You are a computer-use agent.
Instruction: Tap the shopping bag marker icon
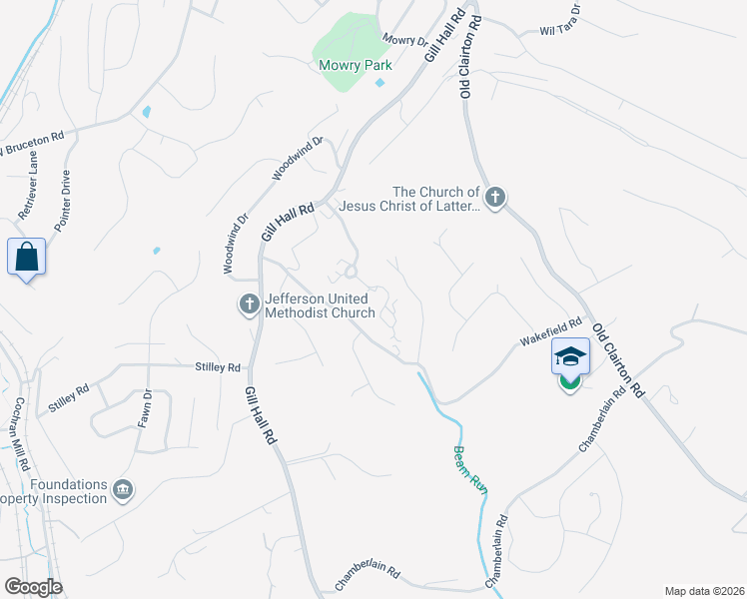(x=27, y=258)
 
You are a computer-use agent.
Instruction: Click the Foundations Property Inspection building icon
(x=123, y=490)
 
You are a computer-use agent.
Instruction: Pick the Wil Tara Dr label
(x=560, y=30)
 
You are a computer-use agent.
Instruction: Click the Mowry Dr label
(x=404, y=41)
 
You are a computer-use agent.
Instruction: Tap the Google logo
(x=33, y=587)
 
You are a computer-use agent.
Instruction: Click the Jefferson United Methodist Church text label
(x=319, y=305)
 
